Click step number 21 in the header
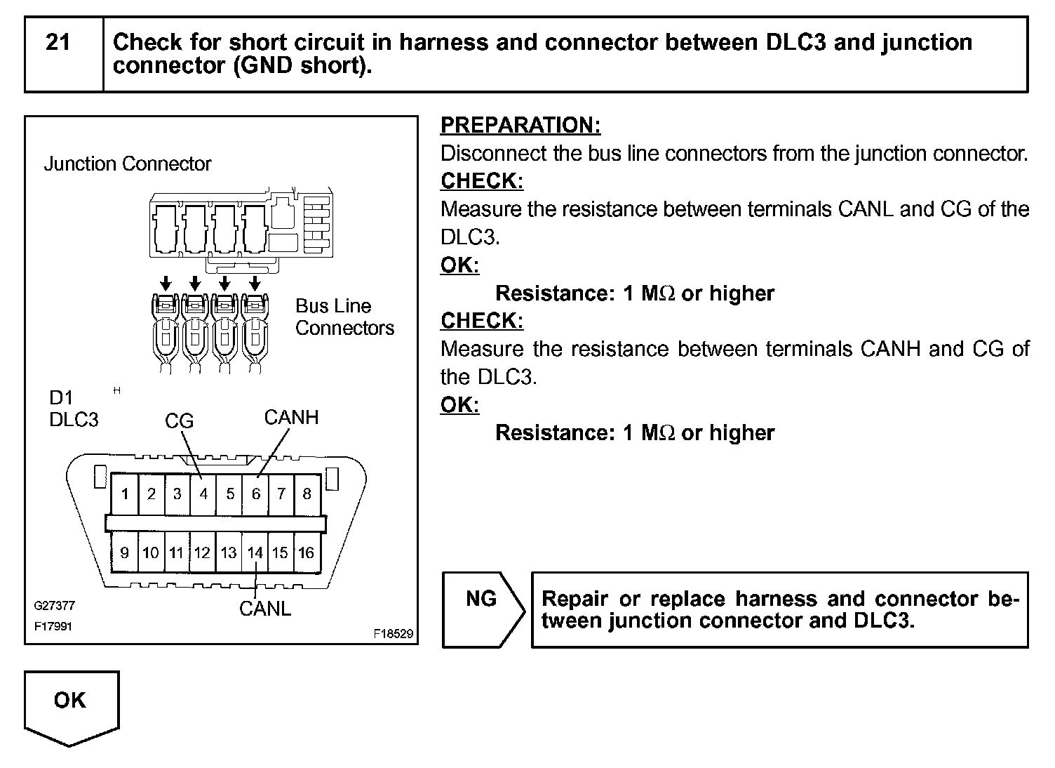coord(58,43)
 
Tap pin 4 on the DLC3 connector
coord(203,494)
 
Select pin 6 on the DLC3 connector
coord(256,494)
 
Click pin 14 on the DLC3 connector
coord(255,553)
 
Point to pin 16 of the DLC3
coord(306,553)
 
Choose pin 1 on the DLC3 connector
coord(125,494)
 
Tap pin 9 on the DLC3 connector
coord(125,553)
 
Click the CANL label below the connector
coord(265,609)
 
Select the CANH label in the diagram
coord(291,418)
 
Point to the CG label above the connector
coord(179,421)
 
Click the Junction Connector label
coord(128,164)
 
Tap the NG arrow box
coord(483,609)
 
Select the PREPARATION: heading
coord(520,126)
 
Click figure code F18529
coord(394,633)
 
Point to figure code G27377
coord(54,605)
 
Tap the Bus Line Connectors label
coord(344,317)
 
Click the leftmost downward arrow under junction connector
coord(166,283)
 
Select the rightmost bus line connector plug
coord(253,333)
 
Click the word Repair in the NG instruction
coord(574,600)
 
